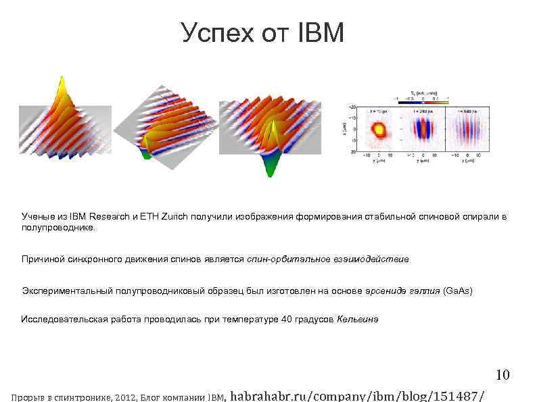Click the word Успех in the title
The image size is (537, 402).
216,32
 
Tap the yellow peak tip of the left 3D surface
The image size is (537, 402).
61,82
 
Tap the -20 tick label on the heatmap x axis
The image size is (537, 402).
352,107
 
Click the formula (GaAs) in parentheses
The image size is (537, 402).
457,291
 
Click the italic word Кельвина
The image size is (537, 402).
358,319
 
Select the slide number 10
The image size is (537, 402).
502,375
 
